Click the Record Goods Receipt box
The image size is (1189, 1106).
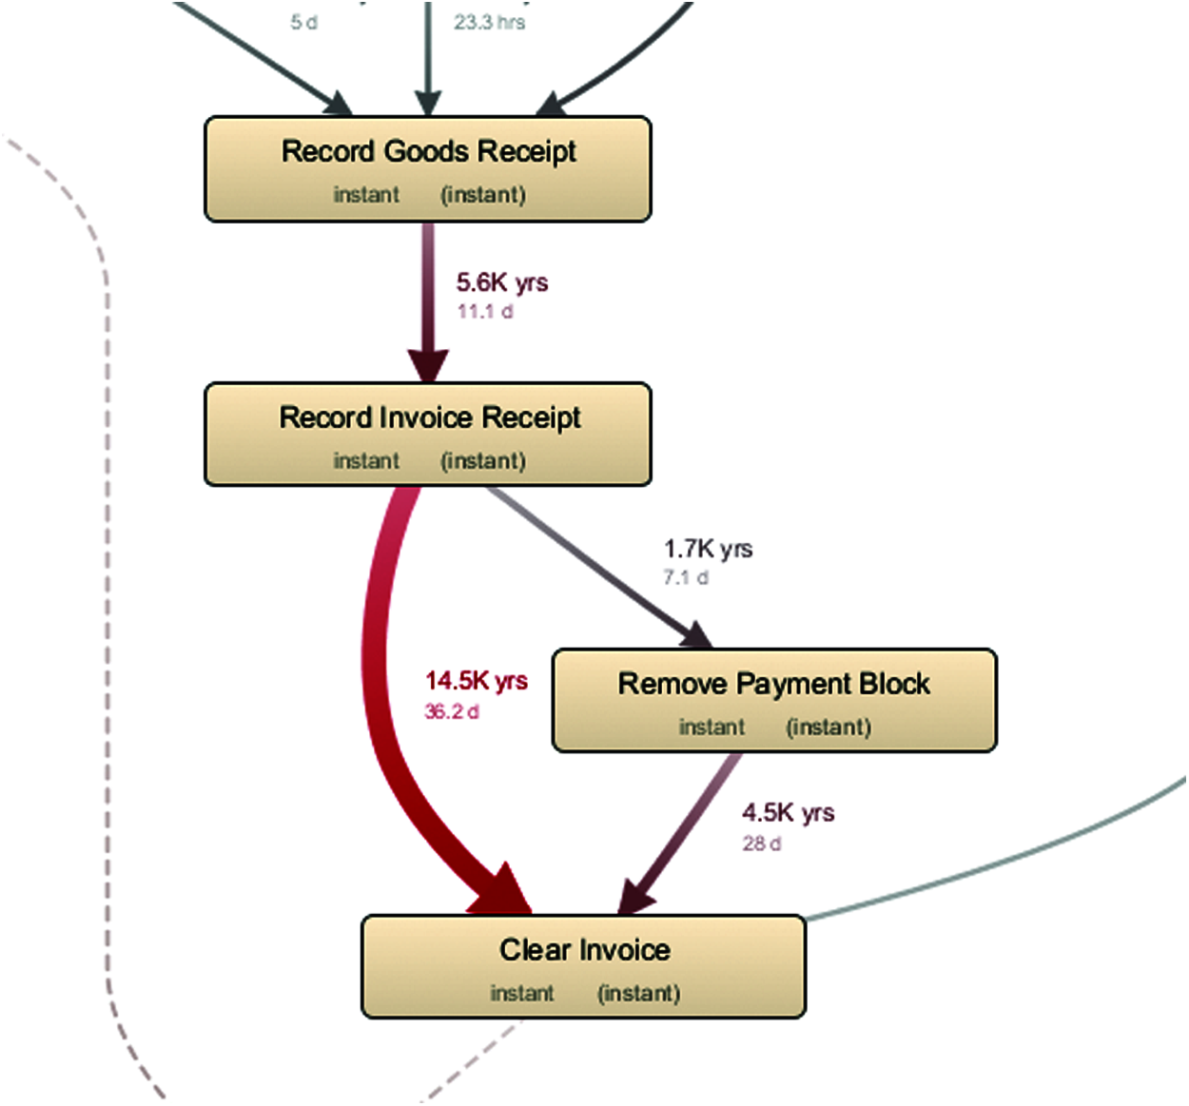pyautogui.click(x=428, y=169)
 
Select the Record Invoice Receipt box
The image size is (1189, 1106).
pyautogui.click(x=428, y=435)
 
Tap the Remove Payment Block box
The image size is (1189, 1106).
pyautogui.click(x=774, y=701)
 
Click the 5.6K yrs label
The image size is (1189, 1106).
pyautogui.click(x=502, y=282)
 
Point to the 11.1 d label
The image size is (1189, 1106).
pyautogui.click(x=485, y=312)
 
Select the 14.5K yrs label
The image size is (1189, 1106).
pyautogui.click(x=476, y=681)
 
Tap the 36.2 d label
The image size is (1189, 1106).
pyautogui.click(x=452, y=711)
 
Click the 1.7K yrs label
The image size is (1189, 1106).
pyautogui.click(x=708, y=549)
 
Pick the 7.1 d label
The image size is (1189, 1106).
pyautogui.click(x=686, y=577)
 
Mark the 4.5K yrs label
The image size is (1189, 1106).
pyautogui.click(x=788, y=813)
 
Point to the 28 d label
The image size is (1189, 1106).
pyautogui.click(x=762, y=844)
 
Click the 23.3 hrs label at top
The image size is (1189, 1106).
pyautogui.click(x=489, y=22)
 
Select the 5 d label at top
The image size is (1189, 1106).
pyautogui.click(x=304, y=22)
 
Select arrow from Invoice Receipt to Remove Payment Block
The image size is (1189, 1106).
pyautogui.click(x=590, y=561)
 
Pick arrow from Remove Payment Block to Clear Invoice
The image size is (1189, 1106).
pyautogui.click(x=685, y=827)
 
